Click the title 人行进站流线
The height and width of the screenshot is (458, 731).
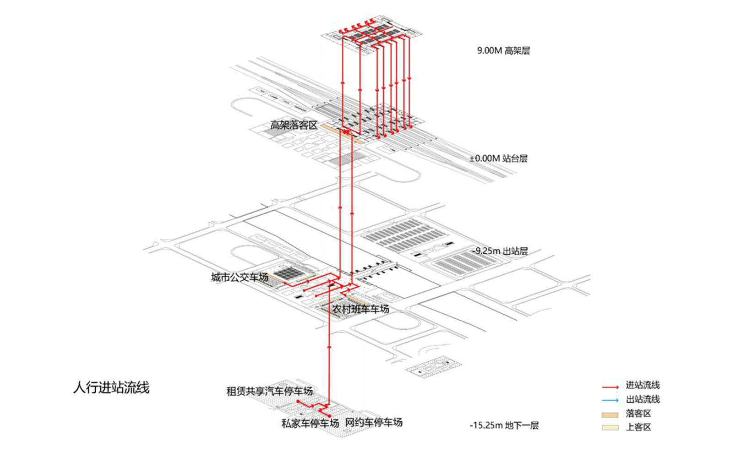click(x=111, y=388)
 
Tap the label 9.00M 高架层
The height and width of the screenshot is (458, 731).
click(x=503, y=51)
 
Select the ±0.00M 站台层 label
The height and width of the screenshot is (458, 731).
click(x=499, y=158)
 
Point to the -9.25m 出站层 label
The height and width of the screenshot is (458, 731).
click(x=500, y=251)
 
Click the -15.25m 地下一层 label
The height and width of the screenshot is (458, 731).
click(x=504, y=425)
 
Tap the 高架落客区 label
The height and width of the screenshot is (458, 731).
click(x=294, y=125)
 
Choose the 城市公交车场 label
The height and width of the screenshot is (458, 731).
click(x=240, y=278)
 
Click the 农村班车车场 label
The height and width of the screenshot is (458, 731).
click(x=360, y=309)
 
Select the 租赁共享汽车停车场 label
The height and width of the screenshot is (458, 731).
click(x=270, y=391)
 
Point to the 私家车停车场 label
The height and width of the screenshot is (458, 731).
click(x=310, y=423)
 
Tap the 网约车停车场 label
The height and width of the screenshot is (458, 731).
click(x=374, y=422)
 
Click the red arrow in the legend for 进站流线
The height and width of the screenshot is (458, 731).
click(x=610, y=387)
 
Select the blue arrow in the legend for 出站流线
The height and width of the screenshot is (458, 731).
click(x=610, y=400)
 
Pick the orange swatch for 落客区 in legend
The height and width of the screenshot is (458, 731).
click(x=610, y=415)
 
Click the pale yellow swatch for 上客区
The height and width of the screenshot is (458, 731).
click(x=610, y=428)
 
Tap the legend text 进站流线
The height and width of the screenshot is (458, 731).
click(x=643, y=385)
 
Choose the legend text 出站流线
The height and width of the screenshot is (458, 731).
click(x=643, y=399)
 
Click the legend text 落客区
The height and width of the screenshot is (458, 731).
click(x=638, y=414)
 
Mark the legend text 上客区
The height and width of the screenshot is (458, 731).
click(x=638, y=427)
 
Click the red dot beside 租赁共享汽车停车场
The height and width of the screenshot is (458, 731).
click(x=298, y=401)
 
